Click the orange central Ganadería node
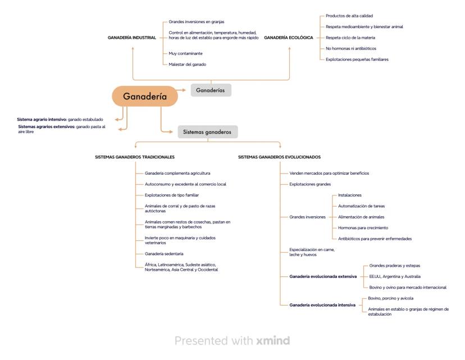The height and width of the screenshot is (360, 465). coord(145,96)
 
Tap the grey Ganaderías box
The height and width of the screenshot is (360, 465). coord(211,90)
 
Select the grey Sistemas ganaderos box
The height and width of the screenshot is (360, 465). coord(207,132)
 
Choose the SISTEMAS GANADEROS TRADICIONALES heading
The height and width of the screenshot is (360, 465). coord(135,157)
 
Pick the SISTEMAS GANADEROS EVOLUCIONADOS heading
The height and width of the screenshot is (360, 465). coord(279,157)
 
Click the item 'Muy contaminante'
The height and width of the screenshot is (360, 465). coord(185,53)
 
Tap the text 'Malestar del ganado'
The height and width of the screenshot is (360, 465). coord(187,65)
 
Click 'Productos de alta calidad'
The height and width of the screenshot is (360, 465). coord(349,16)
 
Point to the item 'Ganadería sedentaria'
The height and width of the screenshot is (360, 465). coord(164,254)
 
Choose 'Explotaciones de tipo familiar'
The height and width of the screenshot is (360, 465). coord(172,195)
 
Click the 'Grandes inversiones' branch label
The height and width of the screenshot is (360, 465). coord(307,217)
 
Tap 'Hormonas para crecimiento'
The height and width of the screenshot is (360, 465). coord(363,227)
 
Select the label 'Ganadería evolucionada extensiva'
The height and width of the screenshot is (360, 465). coord(323,276)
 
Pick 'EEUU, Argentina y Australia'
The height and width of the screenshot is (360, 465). coord(394,276)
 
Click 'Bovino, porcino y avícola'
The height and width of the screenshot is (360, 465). coord(390,298)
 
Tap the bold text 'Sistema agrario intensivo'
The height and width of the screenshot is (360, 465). coord(42,119)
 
